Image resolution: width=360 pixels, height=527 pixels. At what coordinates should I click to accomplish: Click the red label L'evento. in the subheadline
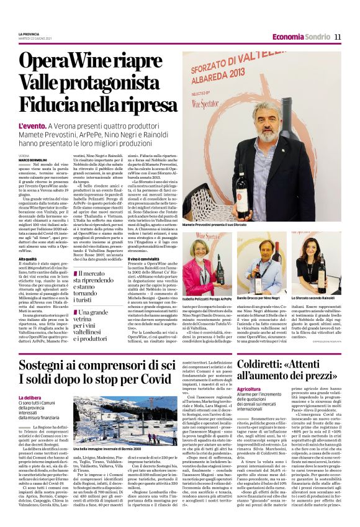(x=31, y=125)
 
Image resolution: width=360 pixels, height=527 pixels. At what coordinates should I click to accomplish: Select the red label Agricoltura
(x=248, y=389)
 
